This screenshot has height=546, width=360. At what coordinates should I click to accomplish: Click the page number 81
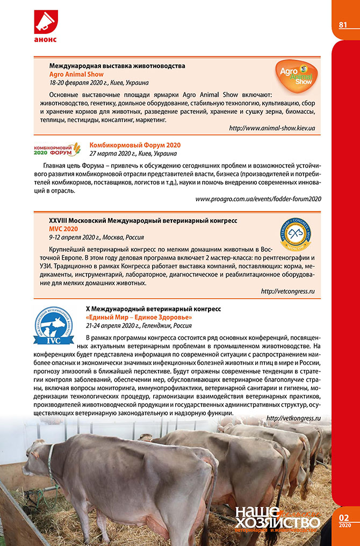[342, 25]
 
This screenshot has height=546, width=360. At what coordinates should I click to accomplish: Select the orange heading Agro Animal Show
[76, 74]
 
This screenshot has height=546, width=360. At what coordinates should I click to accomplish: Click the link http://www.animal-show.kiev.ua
[271, 128]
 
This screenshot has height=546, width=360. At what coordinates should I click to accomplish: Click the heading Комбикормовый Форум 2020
[135, 145]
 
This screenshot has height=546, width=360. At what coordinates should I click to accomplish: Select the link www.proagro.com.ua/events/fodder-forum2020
[258, 199]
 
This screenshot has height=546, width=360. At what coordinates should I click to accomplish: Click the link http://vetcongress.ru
[287, 291]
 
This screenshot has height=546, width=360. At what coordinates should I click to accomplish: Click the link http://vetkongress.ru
[293, 418]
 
